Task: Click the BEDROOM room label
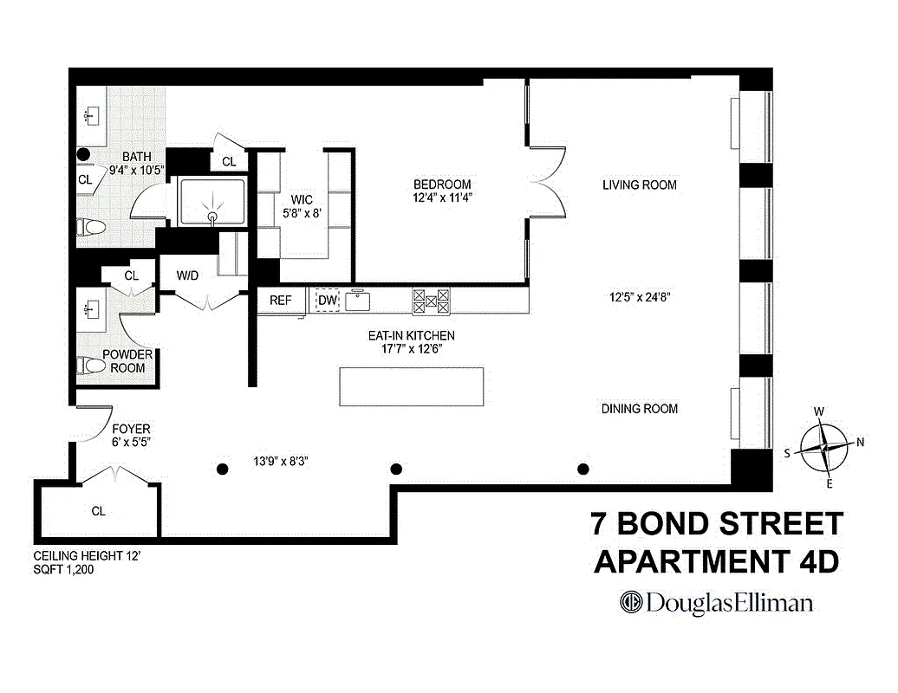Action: tap(441, 185)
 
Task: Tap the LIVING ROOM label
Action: tap(639, 185)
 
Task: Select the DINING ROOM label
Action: tap(640, 409)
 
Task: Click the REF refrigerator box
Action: tap(281, 301)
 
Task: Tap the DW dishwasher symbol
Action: tap(327, 301)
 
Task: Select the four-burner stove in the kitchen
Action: tap(432, 301)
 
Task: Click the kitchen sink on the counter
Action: tap(358, 301)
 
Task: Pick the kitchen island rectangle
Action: tap(411, 386)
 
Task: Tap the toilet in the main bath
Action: tap(90, 228)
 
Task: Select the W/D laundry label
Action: tap(187, 276)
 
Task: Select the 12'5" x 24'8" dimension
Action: tap(641, 295)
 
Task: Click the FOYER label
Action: tap(131, 429)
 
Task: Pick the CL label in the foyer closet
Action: tap(98, 511)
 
